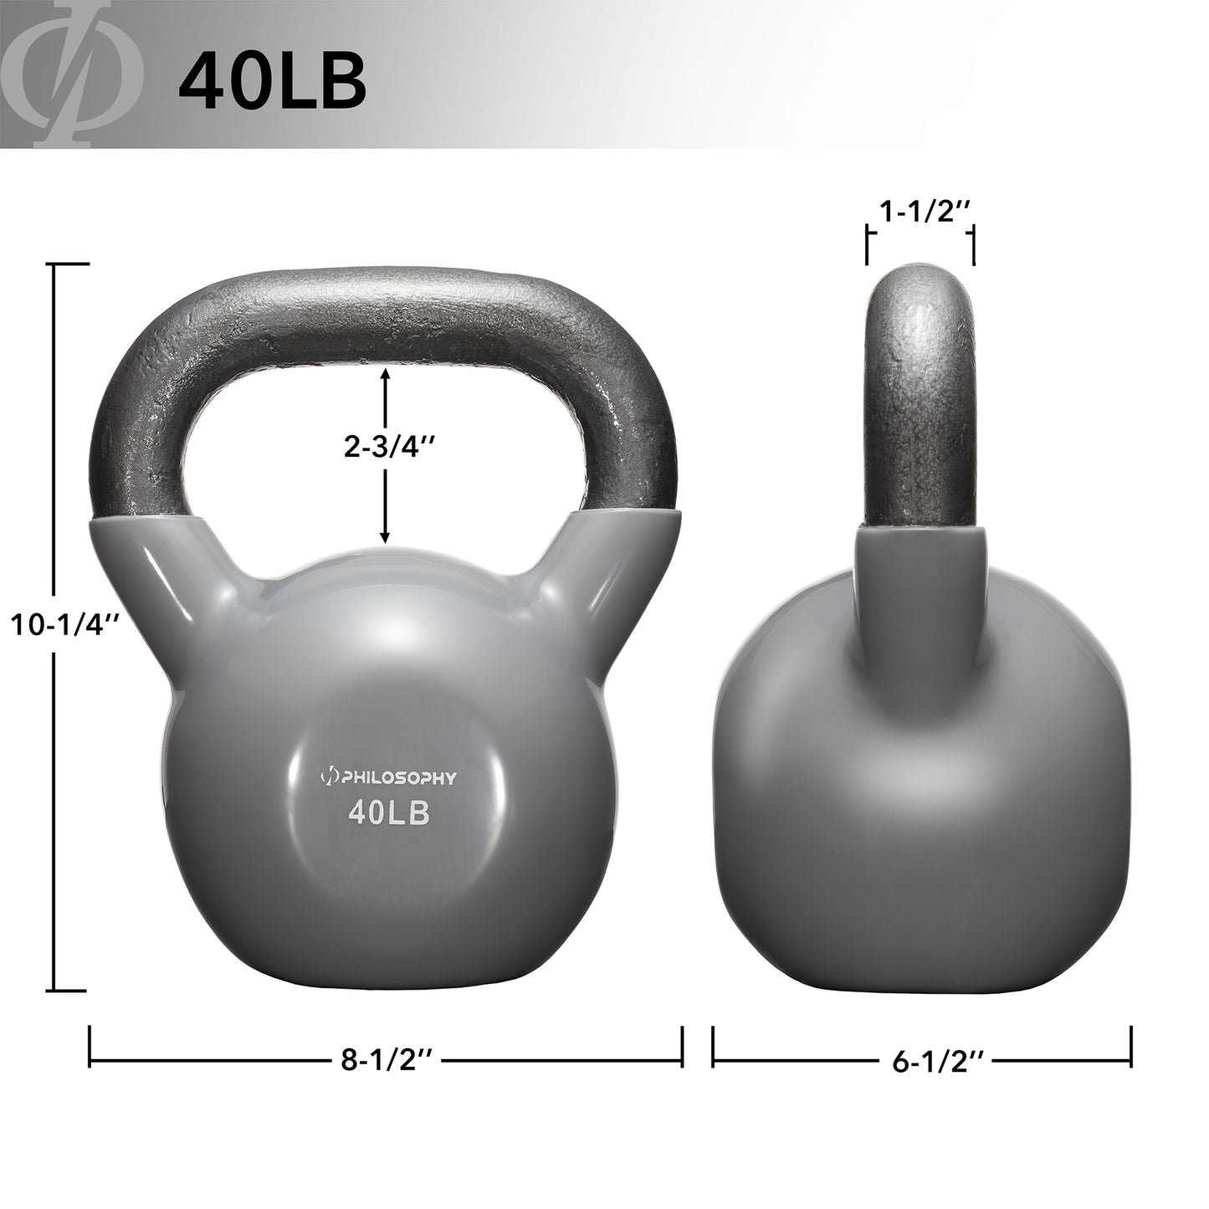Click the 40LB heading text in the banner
click(273, 82)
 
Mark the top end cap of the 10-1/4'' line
click(71, 264)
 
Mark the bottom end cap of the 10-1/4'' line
click(71, 988)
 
